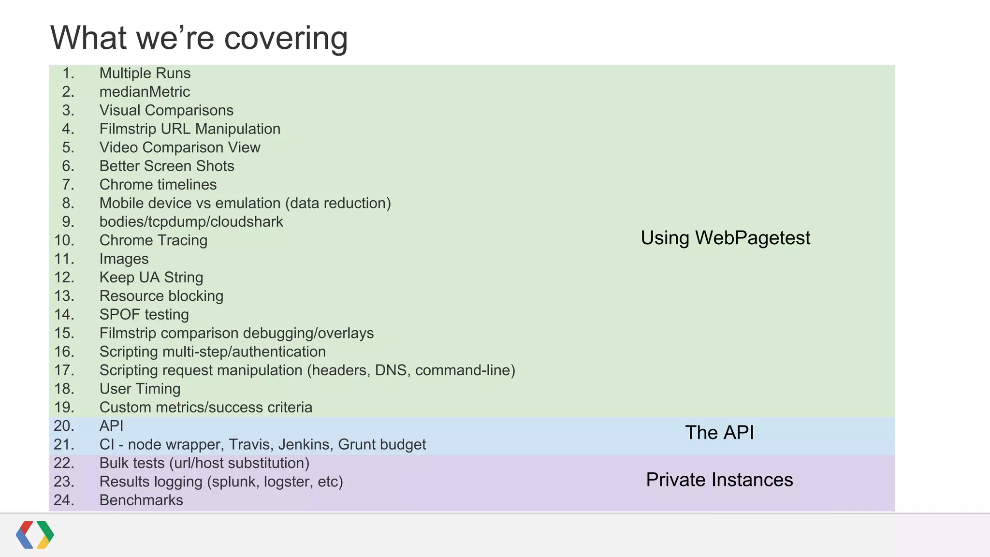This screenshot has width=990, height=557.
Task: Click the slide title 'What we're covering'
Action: (x=199, y=38)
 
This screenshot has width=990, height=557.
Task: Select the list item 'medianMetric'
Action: (x=145, y=92)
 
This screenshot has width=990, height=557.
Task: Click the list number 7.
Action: (x=68, y=185)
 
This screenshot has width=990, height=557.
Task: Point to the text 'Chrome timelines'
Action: (x=158, y=185)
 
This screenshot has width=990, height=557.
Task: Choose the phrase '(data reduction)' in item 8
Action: (x=338, y=203)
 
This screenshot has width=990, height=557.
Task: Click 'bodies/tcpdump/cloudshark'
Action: (x=191, y=222)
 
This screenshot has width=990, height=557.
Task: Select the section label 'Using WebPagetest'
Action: (x=725, y=238)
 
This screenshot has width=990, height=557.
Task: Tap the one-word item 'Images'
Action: (x=124, y=259)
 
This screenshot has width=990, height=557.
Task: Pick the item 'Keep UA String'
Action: (x=151, y=278)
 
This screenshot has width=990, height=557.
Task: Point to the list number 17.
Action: (x=64, y=370)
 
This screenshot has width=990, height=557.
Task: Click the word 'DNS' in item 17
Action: (x=391, y=370)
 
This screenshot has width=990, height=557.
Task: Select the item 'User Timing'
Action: (x=140, y=389)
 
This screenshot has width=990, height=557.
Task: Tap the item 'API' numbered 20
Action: (x=111, y=426)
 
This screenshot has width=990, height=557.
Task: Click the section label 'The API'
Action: (x=719, y=433)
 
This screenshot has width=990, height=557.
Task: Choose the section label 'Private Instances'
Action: (x=719, y=480)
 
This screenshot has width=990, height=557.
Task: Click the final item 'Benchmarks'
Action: (x=141, y=500)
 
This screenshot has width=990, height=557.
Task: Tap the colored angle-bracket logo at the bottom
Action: (x=35, y=535)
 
